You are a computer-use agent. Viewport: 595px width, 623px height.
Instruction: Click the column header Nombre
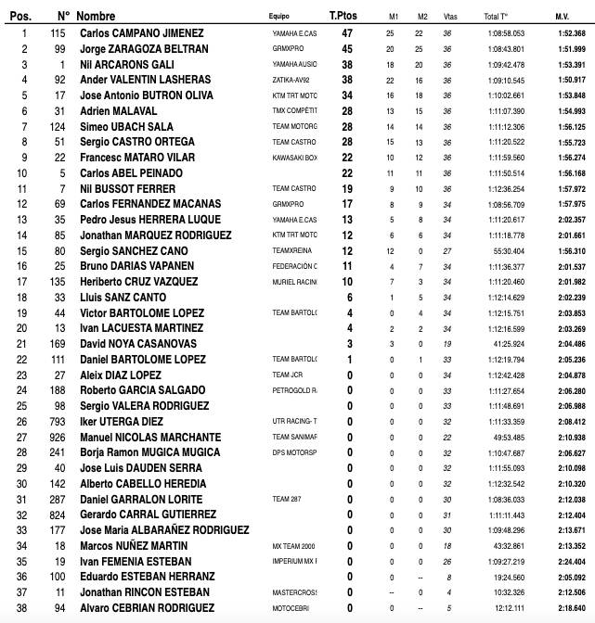(x=96, y=16)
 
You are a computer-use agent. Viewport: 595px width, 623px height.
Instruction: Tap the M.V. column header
(x=562, y=17)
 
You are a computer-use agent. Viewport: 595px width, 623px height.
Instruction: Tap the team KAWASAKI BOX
(x=294, y=157)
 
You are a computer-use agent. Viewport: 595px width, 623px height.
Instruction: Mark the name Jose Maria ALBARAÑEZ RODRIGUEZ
(x=162, y=530)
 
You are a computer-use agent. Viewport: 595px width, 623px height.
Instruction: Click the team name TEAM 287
(x=287, y=499)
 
